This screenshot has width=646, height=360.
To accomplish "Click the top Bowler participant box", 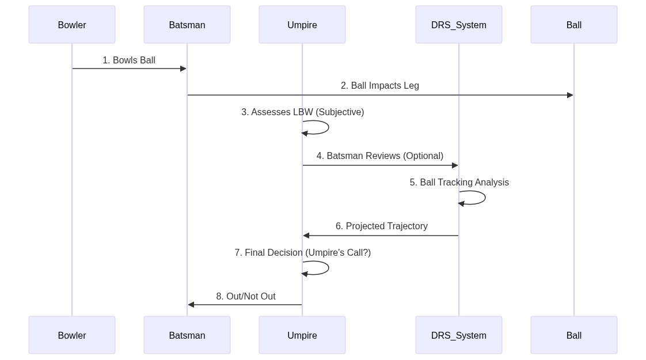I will tap(72, 25).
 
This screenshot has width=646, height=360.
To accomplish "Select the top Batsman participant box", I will tap(187, 25).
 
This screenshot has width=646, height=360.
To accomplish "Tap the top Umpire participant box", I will tap(302, 25).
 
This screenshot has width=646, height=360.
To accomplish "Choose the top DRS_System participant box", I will tap(459, 25).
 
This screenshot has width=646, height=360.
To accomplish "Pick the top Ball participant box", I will tap(574, 25).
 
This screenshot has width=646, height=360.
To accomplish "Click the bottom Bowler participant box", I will tap(72, 335).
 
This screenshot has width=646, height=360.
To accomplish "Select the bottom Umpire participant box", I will tap(302, 335).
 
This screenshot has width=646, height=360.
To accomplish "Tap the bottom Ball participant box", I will tap(574, 335).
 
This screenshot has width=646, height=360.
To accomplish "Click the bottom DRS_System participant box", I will tap(459, 335).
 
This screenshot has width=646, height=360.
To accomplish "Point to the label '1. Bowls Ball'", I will tap(129, 60).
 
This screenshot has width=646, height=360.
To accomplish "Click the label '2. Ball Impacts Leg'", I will tap(380, 86).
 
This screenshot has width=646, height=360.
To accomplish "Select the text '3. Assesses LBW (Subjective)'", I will tap(303, 112).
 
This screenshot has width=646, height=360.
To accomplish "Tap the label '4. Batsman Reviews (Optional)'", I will tap(380, 156).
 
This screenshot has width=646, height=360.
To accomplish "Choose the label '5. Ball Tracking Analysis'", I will tap(459, 183).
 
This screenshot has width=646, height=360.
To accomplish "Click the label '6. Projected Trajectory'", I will tap(382, 226).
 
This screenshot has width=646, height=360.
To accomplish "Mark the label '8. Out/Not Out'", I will tap(246, 297).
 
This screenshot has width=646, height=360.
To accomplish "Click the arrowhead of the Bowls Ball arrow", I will tap(183, 69).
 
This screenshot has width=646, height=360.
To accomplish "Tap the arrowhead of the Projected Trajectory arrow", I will tap(306, 236).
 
